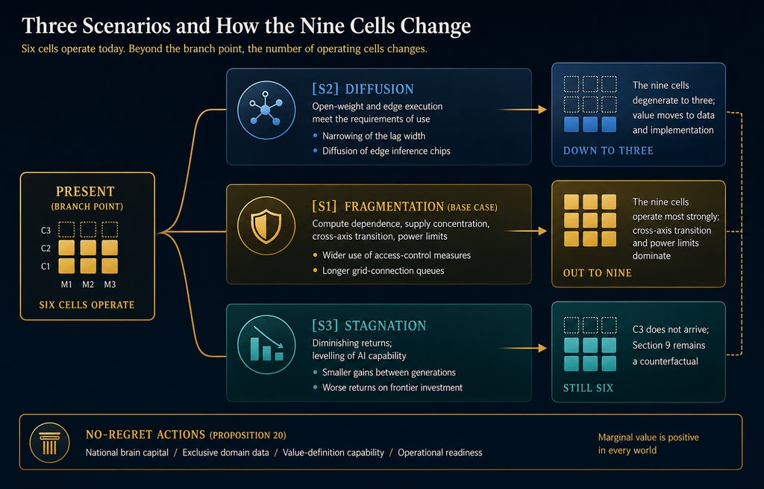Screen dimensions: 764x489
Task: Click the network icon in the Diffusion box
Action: click(266, 110)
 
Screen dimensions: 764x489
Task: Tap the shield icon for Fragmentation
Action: click(266, 226)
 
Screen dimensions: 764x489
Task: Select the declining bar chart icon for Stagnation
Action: click(266, 345)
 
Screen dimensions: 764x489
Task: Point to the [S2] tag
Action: click(325, 89)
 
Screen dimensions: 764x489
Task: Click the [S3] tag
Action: click(325, 326)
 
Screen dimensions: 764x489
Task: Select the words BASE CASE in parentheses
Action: click(472, 208)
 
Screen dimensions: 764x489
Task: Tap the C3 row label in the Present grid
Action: click(46, 230)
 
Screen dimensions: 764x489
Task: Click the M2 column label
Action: click(88, 284)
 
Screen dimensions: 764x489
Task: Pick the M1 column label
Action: click(66, 284)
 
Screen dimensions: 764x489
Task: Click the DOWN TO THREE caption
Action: click(608, 151)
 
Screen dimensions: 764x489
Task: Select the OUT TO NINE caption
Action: click(598, 273)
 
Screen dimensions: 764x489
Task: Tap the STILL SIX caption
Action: click(588, 388)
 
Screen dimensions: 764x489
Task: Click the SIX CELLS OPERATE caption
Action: click(87, 305)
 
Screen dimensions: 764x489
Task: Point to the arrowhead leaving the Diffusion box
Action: click(542, 110)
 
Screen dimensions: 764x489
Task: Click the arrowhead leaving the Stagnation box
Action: click(542, 348)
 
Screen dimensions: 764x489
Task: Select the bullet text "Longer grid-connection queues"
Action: click(383, 270)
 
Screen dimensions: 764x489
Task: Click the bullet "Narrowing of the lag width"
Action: click(374, 136)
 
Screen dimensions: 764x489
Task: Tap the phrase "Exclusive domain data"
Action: click(225, 452)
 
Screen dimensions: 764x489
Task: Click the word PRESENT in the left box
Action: click(85, 191)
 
